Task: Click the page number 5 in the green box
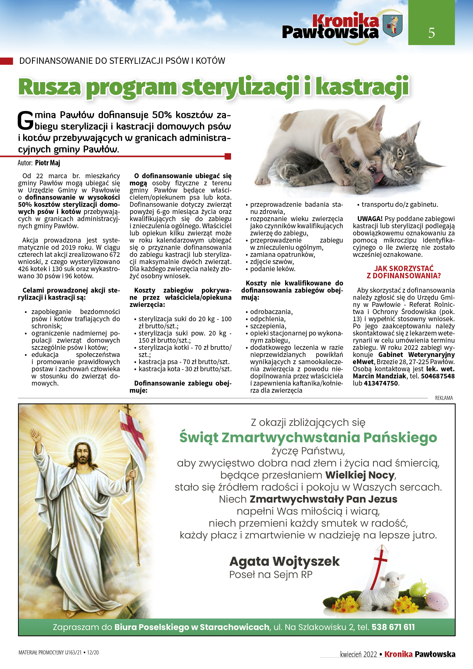click(431, 33)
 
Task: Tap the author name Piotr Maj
click(47, 163)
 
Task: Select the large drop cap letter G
click(25, 120)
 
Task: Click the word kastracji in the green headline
click(362, 87)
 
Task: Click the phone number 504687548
click(438, 376)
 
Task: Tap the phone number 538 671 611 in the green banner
click(393, 627)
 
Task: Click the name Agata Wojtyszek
click(284, 561)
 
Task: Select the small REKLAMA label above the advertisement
click(444, 398)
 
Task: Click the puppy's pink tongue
click(377, 178)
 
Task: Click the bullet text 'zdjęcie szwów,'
click(272, 262)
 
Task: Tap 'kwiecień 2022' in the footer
click(358, 654)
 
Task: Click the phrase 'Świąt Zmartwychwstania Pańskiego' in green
click(308, 437)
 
